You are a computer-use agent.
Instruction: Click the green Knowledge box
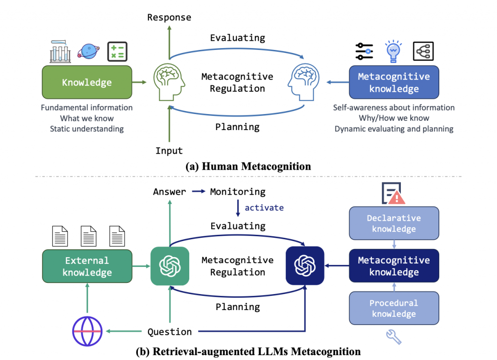point(87,82)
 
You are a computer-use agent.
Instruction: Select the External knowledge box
point(87,266)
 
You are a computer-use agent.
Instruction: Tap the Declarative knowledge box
point(394,224)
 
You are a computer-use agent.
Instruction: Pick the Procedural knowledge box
point(394,308)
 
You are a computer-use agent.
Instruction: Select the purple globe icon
point(87,331)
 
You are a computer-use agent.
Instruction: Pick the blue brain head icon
point(305,82)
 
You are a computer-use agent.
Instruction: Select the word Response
point(169,17)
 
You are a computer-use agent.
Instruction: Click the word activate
point(264,208)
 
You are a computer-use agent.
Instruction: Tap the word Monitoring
point(238,192)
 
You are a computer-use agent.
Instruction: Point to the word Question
point(169,332)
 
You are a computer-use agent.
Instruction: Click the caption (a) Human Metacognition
point(248,166)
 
